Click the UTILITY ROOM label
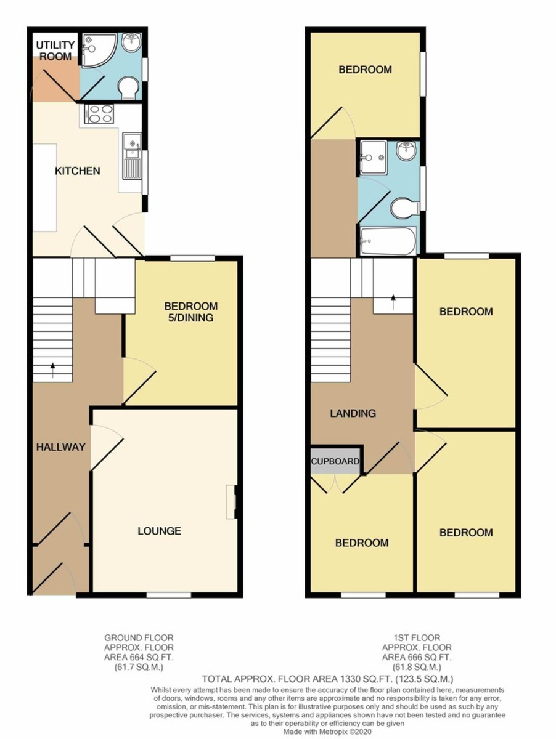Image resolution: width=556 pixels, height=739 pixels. [55, 50]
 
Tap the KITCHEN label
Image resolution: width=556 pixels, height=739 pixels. [78, 171]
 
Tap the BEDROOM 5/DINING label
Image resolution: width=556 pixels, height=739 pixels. [190, 312]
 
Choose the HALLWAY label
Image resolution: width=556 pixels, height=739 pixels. [60, 447]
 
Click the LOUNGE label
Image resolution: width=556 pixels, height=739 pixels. [159, 530]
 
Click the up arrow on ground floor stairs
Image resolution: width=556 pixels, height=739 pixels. [52, 369]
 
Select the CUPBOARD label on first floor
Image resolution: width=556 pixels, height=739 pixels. [335, 461]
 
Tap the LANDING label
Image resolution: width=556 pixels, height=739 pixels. [353, 413]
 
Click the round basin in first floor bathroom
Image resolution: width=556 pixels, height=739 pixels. [406, 151]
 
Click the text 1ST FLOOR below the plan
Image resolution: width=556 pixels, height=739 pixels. [417, 638]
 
